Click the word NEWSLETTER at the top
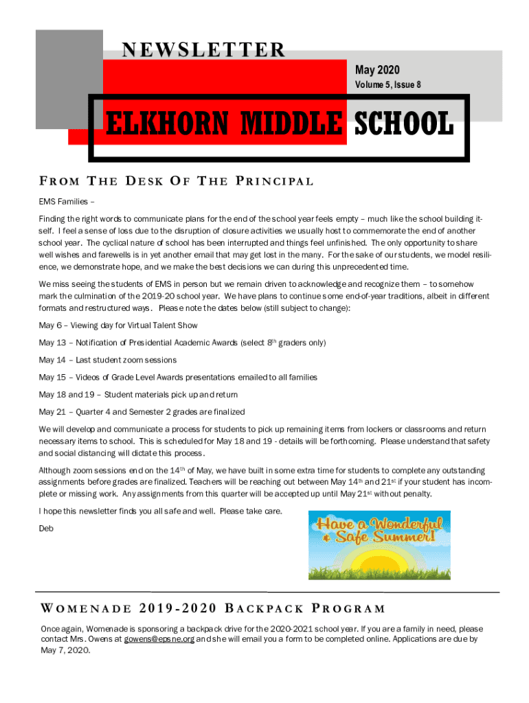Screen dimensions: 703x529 (x=203, y=50)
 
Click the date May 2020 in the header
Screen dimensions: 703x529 (x=376, y=70)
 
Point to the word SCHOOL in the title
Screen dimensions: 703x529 (x=403, y=125)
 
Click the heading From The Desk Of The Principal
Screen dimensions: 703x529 (x=177, y=181)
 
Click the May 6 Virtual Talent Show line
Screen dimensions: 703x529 (x=118, y=325)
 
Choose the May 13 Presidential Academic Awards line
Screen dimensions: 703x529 (x=182, y=342)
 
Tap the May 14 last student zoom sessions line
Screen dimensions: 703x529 (x=108, y=360)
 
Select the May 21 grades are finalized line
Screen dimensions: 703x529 (x=142, y=412)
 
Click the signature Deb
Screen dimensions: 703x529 (x=46, y=528)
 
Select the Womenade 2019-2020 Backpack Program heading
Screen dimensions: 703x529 (x=212, y=608)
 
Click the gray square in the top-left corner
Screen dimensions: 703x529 (x=69, y=79)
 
